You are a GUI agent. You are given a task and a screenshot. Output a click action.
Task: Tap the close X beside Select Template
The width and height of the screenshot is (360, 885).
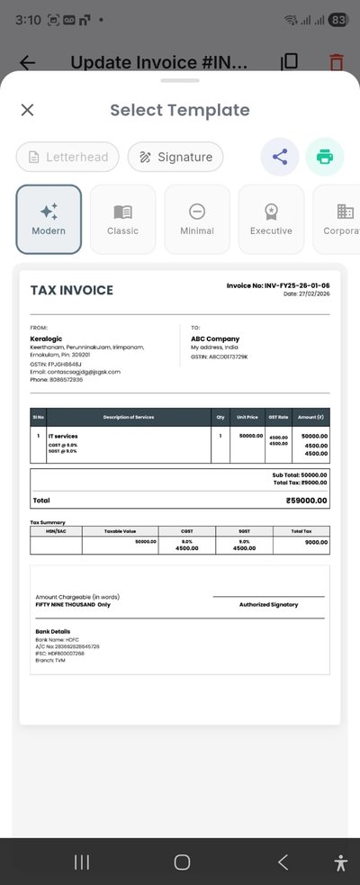[x=27, y=110]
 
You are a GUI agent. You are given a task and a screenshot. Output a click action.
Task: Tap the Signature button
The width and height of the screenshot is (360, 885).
[x=175, y=157]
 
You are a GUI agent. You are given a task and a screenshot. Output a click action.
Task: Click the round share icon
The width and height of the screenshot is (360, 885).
[x=280, y=157]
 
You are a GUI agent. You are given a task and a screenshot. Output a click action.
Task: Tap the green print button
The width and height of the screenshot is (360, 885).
[x=324, y=157]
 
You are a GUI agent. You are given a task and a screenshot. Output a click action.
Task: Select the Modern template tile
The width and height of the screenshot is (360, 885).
[x=49, y=219]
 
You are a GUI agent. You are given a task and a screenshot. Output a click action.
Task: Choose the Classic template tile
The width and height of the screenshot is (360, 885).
[x=122, y=219]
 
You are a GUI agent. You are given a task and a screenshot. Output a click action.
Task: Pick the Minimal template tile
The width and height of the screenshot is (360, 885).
[x=197, y=219]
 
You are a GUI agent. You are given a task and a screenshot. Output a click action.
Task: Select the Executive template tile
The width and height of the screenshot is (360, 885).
[x=271, y=219]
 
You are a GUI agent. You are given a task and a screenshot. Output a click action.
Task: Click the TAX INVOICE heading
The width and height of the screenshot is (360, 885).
[x=72, y=291]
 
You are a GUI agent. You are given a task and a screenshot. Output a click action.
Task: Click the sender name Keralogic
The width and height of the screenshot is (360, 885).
[x=46, y=339]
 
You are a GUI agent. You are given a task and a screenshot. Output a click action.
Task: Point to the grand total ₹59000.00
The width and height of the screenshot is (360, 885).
[x=306, y=501]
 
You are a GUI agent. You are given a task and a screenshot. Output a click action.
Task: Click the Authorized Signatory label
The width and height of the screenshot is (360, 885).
[x=268, y=604]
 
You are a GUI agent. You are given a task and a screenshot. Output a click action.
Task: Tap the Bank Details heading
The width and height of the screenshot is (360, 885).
[x=52, y=631]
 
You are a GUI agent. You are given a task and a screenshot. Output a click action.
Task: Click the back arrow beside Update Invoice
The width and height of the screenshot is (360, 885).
[x=28, y=62]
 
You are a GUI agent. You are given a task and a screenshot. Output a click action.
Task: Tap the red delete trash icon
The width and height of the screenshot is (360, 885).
[x=336, y=62]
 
